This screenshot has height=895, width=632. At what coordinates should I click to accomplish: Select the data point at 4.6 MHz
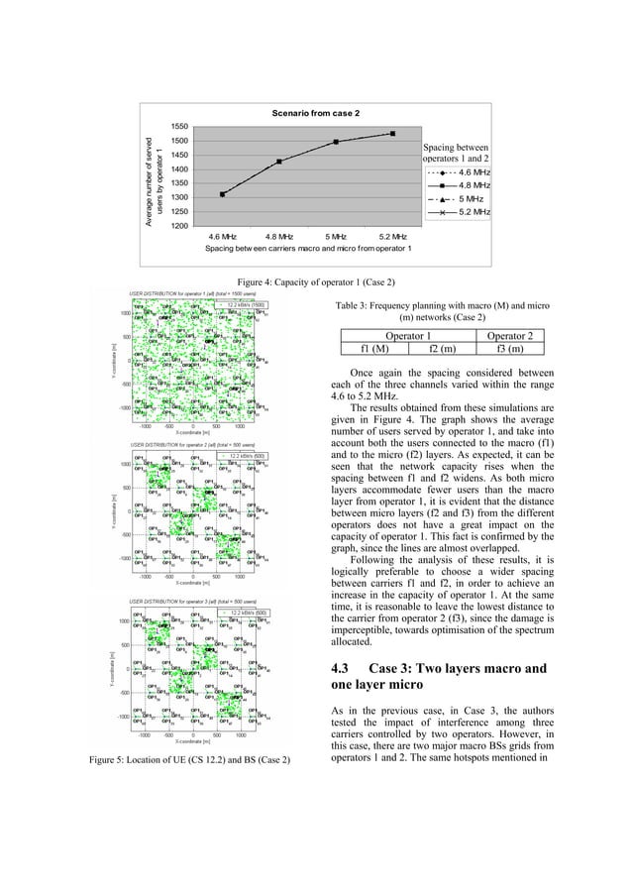point(223,194)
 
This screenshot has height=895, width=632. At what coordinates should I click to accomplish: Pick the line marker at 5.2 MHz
point(393,133)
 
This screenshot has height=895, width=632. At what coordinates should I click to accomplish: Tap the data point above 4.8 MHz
point(279,161)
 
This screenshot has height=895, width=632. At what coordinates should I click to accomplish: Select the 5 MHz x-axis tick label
point(337,237)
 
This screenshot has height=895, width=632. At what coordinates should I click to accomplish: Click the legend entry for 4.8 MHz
point(458,185)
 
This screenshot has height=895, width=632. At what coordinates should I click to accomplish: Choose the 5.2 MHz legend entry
point(458,212)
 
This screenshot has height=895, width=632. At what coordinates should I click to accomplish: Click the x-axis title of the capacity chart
point(308,249)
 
